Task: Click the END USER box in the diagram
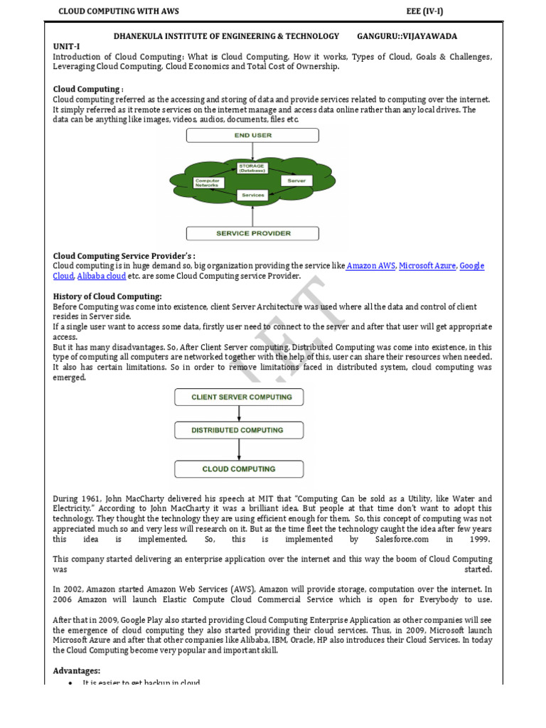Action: coord(252,135)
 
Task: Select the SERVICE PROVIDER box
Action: coord(252,233)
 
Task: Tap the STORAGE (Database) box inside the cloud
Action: coord(252,169)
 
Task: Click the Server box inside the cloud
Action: coord(296,181)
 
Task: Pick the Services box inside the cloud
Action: coord(252,195)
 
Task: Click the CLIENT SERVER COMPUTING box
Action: coord(238,397)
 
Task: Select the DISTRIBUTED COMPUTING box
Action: coord(238,430)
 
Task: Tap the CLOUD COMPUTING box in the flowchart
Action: coord(238,469)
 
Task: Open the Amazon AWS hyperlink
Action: coord(370,266)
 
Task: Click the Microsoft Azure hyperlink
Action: coord(427,266)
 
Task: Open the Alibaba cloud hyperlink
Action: coord(102,276)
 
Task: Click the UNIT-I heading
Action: coord(67,46)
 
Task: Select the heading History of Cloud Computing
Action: coord(107,296)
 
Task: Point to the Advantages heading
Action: coord(77,670)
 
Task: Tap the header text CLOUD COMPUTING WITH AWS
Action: coord(118,11)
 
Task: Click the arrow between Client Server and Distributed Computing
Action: coord(239,414)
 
